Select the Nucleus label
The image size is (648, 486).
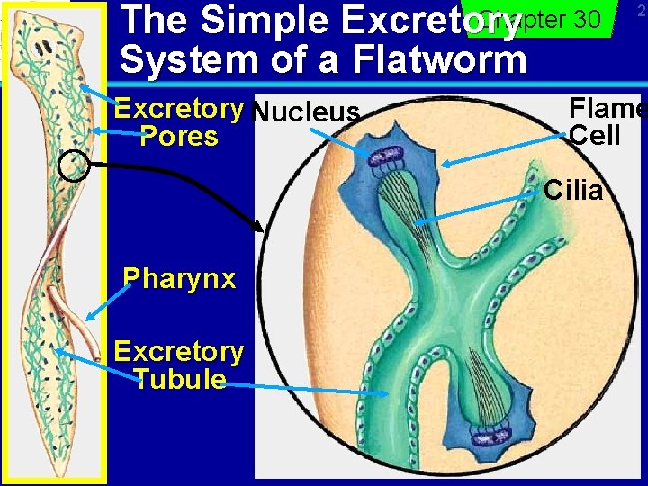[306, 113]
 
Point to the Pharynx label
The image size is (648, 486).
[179, 278]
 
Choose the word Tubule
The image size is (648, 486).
[179, 379]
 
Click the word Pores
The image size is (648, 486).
[179, 137]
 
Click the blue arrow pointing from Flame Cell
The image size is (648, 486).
[504, 151]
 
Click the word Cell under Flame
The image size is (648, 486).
[596, 136]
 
